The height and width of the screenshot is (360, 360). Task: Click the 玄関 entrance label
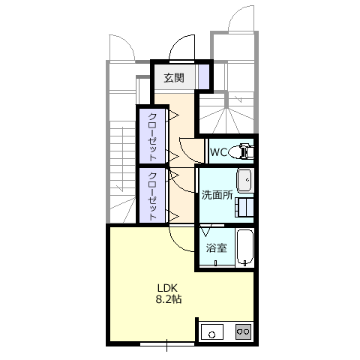tap(174, 78)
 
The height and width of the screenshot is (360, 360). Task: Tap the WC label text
tap(218, 152)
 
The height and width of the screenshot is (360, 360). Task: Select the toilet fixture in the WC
tap(241, 151)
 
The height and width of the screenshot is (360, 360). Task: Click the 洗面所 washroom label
tap(217, 195)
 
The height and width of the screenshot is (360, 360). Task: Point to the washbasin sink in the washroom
tap(244, 181)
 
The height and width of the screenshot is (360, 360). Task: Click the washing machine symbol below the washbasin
tap(244, 207)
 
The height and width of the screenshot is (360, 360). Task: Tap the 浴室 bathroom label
tap(217, 247)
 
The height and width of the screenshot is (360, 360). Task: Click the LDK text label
tap(167, 288)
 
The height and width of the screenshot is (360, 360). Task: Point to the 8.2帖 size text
tap(169, 299)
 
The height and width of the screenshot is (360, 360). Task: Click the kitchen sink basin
tap(212, 331)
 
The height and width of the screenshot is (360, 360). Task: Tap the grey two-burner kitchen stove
tap(243, 331)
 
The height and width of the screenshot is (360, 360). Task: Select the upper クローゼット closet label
tap(153, 137)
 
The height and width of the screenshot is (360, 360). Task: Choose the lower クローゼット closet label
tap(153, 196)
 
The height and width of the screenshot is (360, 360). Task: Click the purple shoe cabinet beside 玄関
tap(203, 76)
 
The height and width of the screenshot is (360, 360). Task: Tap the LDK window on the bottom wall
tap(167, 344)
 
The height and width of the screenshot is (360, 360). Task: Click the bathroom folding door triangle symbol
tap(206, 231)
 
